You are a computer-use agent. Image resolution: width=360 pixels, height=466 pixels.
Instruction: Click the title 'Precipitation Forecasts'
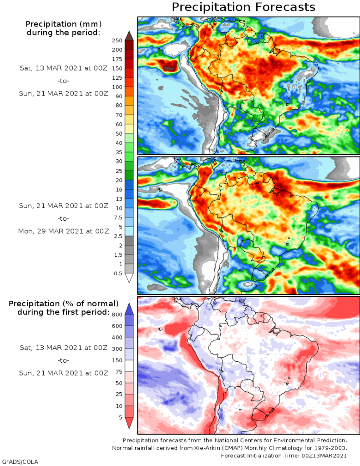(x=243, y=7)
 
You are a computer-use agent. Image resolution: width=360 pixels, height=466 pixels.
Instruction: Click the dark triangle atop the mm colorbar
(x=129, y=35)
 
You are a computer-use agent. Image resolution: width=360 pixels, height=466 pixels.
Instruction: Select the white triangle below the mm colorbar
(x=129, y=278)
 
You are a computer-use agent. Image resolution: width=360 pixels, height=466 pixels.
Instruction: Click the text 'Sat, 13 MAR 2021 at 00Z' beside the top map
(x=64, y=68)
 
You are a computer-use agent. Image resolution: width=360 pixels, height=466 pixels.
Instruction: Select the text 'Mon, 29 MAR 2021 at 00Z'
(x=64, y=231)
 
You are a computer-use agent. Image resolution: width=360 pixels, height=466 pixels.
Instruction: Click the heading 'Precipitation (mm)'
(x=63, y=24)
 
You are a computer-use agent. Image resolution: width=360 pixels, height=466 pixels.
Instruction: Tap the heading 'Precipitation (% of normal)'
(x=64, y=304)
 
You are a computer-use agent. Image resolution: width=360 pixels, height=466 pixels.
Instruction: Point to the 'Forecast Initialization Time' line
(x=284, y=456)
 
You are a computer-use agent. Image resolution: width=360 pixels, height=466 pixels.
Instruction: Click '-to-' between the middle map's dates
(x=64, y=218)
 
